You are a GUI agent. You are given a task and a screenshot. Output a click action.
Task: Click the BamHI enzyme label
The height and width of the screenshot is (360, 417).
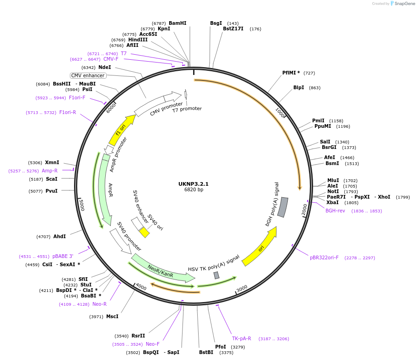(x=177, y=23)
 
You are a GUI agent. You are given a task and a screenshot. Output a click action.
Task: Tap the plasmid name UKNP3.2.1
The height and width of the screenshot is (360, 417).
(x=194, y=183)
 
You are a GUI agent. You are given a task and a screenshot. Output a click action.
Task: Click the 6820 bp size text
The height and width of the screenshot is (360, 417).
(x=194, y=189)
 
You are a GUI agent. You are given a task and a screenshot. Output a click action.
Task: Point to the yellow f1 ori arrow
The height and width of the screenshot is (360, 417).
(x=121, y=131)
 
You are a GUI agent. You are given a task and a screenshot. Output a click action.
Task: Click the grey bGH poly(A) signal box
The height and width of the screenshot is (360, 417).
(x=283, y=207)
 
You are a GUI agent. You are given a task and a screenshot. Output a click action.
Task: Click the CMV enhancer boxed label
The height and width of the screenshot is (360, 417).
(x=88, y=75)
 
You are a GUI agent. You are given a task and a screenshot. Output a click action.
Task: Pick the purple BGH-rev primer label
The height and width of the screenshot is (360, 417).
(x=335, y=211)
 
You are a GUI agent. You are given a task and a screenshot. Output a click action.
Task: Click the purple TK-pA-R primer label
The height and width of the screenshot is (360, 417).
(x=241, y=338)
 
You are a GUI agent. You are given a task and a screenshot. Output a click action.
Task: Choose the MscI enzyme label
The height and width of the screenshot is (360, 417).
(x=112, y=316)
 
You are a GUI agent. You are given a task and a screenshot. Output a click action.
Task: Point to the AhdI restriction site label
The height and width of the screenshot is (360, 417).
(x=59, y=236)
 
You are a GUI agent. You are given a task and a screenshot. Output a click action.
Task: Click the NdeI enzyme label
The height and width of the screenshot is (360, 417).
(x=104, y=67)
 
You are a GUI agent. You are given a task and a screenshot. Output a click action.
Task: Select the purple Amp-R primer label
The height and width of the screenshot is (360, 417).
(x=50, y=171)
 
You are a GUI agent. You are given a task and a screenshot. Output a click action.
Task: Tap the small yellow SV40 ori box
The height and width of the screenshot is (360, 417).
(x=144, y=232)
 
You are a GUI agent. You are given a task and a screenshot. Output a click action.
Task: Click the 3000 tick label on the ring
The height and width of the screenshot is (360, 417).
(x=242, y=288)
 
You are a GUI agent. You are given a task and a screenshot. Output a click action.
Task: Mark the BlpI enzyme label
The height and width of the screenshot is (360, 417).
(x=298, y=87)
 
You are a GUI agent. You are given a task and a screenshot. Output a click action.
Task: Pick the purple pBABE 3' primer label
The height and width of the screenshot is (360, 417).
(x=63, y=256)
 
